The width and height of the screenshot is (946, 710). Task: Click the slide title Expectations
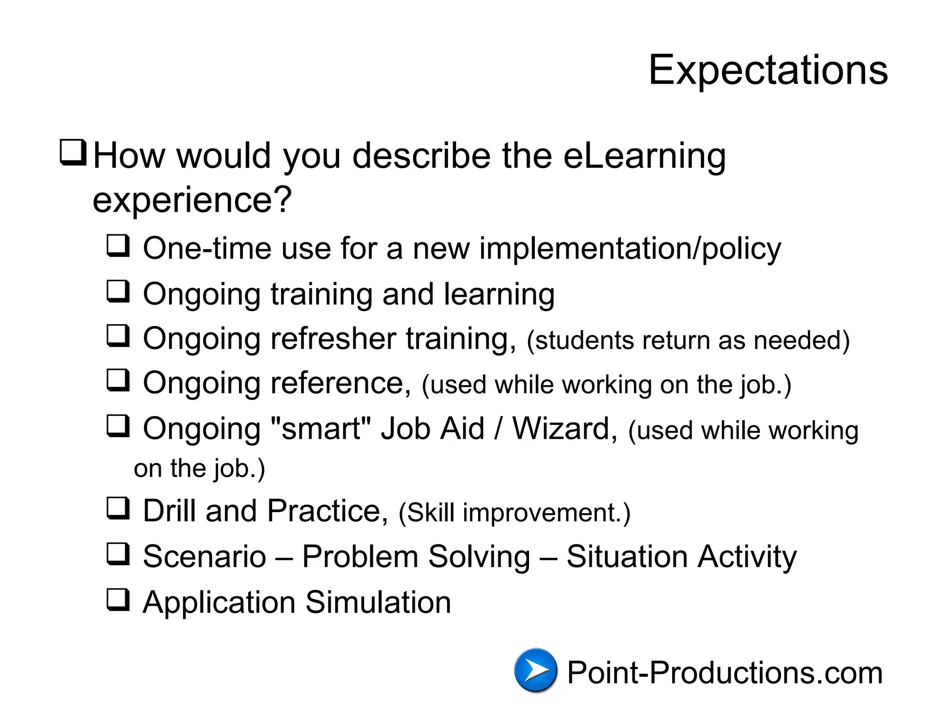tap(768, 70)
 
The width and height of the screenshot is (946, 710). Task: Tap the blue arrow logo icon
tap(536, 671)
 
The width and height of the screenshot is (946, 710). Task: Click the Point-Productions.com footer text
tap(724, 673)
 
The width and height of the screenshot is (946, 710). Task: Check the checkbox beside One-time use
tap(118, 246)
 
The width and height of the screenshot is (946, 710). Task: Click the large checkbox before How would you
tap(73, 153)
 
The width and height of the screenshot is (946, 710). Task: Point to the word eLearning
tap(644, 156)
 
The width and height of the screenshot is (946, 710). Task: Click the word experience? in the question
tap(192, 200)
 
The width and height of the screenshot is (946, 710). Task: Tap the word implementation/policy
tap(630, 249)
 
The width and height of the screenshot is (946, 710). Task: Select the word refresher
tap(333, 338)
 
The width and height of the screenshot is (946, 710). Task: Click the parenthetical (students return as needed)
tap(688, 340)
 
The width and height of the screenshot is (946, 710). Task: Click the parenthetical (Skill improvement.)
tap(514, 513)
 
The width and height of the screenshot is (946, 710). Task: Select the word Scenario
tap(204, 556)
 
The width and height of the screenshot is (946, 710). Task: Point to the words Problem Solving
tap(416, 556)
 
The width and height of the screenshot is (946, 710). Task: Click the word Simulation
tap(378, 602)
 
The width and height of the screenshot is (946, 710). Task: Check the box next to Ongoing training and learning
tap(118, 291)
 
